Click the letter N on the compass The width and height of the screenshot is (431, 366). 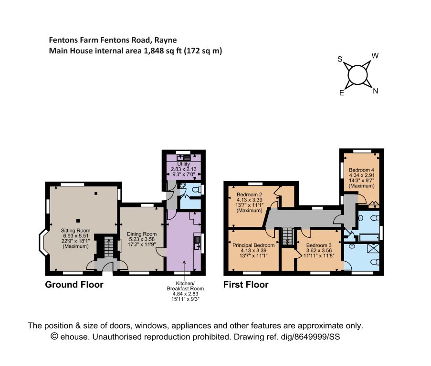click(x=376, y=91)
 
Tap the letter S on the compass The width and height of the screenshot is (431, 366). click(x=340, y=59)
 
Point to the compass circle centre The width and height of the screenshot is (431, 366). click(x=357, y=75)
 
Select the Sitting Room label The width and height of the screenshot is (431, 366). click(x=75, y=231)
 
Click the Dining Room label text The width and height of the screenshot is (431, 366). click(x=142, y=234)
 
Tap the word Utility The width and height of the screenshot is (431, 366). click(x=183, y=164)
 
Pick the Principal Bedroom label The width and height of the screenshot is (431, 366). click(x=253, y=245)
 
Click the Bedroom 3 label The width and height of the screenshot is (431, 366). click(x=319, y=245)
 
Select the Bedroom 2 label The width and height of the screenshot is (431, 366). click(x=249, y=194)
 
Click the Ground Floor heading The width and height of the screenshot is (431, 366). click(x=74, y=285)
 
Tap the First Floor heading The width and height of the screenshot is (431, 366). click(x=246, y=285)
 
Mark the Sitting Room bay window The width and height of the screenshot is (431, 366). click(x=42, y=243)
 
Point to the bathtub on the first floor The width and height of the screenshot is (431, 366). click(x=367, y=237)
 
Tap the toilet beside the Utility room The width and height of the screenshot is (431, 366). click(x=196, y=189)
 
